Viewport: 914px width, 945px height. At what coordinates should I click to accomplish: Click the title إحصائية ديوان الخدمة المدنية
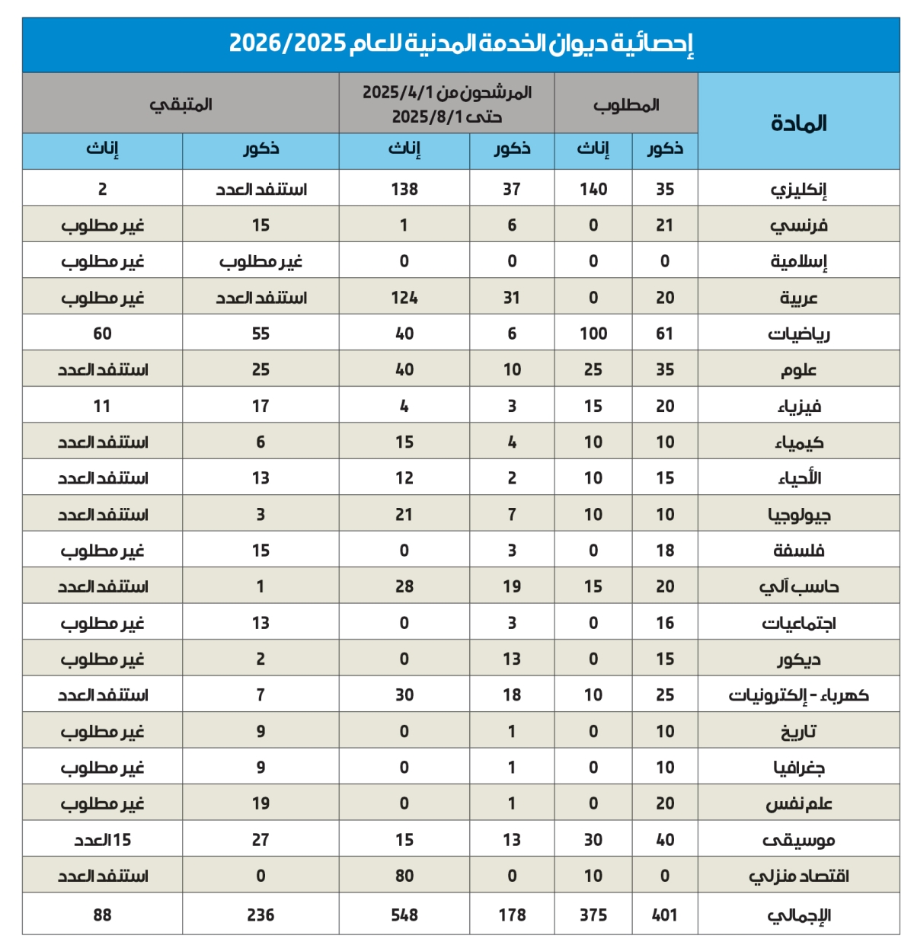461,43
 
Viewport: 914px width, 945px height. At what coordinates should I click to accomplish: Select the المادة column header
798,123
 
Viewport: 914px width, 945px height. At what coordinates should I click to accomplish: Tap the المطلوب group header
626,105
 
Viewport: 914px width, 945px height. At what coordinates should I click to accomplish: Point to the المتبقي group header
181,104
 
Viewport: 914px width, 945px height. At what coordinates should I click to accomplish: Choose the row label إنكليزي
798,189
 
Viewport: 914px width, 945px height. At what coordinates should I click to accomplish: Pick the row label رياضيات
798,334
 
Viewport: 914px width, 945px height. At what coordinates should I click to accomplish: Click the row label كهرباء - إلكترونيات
798,695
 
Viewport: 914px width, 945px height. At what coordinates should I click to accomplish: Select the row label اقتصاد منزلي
798,876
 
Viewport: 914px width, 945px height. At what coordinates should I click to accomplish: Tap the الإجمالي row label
798,915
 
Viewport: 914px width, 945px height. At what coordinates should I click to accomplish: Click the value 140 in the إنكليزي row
593,189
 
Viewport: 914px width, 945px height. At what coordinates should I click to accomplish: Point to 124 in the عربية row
404,298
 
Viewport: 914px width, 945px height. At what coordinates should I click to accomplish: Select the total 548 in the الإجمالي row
404,915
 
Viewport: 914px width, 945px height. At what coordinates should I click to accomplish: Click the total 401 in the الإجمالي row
665,915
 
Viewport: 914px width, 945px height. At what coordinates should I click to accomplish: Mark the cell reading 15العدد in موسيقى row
103,840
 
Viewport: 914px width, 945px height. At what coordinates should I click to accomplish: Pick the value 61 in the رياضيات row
665,334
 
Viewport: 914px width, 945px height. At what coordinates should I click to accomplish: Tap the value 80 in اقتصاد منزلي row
404,876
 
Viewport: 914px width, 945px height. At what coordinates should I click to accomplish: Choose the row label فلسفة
798,551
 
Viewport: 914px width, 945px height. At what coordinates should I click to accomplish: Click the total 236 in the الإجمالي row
260,915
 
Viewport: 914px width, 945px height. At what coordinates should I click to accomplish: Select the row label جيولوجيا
798,515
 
